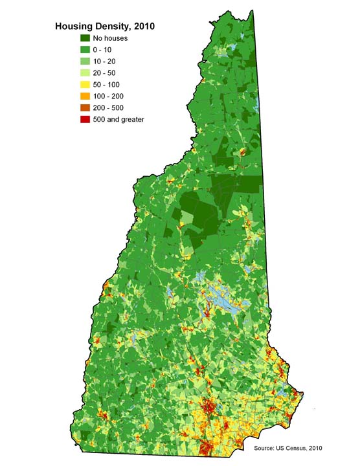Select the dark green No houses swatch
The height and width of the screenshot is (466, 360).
click(x=85, y=38)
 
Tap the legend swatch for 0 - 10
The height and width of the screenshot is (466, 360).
click(x=85, y=50)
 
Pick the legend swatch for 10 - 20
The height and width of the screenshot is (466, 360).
click(x=85, y=61)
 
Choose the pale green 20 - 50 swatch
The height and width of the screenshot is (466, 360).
click(x=85, y=73)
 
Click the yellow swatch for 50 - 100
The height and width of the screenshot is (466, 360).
click(x=85, y=85)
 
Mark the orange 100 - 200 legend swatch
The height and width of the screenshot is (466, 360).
click(x=85, y=96)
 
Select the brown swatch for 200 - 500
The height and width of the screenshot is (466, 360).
click(x=85, y=108)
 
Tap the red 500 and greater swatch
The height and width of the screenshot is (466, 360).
click(x=85, y=120)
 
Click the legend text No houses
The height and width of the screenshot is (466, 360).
click(x=111, y=38)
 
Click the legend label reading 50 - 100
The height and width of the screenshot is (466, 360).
click(x=107, y=85)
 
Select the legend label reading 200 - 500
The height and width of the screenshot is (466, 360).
click(x=109, y=108)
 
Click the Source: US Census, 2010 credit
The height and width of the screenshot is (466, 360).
click(x=288, y=448)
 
